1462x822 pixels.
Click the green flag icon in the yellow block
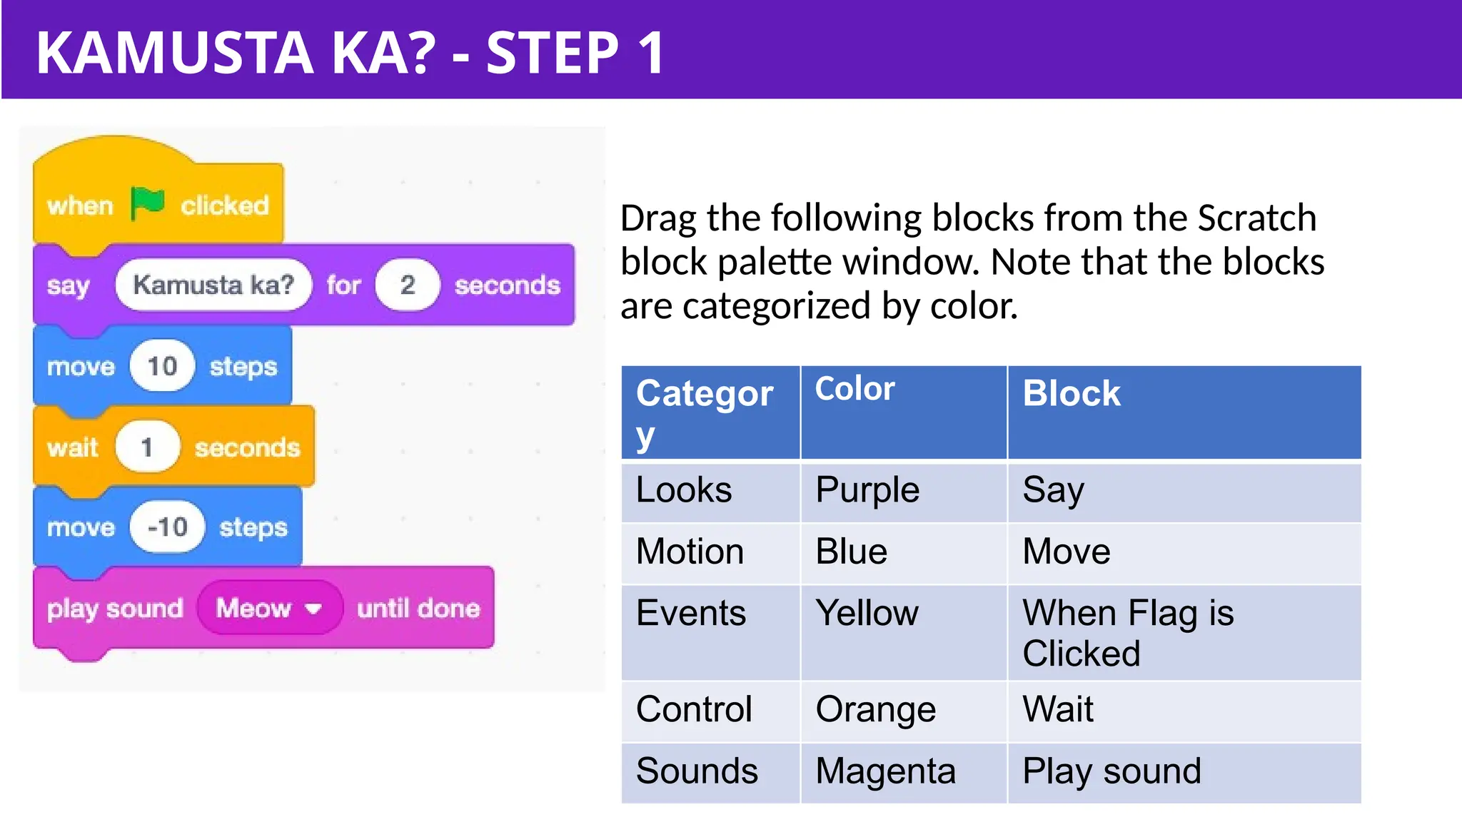coord(148,205)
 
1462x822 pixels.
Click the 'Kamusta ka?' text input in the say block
coord(213,285)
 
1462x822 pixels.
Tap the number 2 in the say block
coord(408,285)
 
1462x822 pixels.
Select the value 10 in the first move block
coord(162,366)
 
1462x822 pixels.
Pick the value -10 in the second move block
coord(167,527)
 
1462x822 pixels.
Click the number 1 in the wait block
coord(147,447)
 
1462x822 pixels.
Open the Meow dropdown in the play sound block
coord(269,608)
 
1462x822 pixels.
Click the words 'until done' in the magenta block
coord(418,608)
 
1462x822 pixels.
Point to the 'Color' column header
coord(854,390)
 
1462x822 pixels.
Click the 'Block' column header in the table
coord(1071,394)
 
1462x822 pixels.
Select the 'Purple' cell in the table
coord(867,491)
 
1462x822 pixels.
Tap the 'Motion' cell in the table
coord(690,552)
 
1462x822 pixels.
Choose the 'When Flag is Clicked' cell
coord(1128,632)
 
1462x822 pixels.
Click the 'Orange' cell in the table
coord(875,710)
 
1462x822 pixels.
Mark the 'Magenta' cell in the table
coord(885,772)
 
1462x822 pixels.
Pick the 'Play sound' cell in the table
coord(1111,772)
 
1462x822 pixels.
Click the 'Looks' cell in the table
coord(684,491)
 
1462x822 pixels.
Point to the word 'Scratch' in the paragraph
coord(1256,218)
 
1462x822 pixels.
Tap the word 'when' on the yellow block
coord(80,205)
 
